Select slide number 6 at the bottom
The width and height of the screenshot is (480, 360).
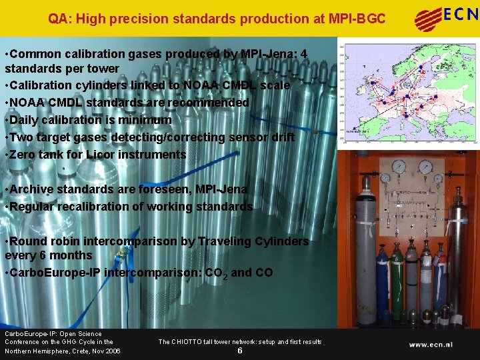tap(239, 351)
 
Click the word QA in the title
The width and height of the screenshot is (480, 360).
tap(56, 19)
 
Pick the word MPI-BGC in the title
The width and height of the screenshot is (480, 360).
tap(357, 19)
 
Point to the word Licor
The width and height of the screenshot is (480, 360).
tap(127, 155)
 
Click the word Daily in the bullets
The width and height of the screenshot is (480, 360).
tap(25, 120)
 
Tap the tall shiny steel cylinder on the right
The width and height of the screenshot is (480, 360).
tap(457, 253)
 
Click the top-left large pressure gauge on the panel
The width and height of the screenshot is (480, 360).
tap(399, 167)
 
